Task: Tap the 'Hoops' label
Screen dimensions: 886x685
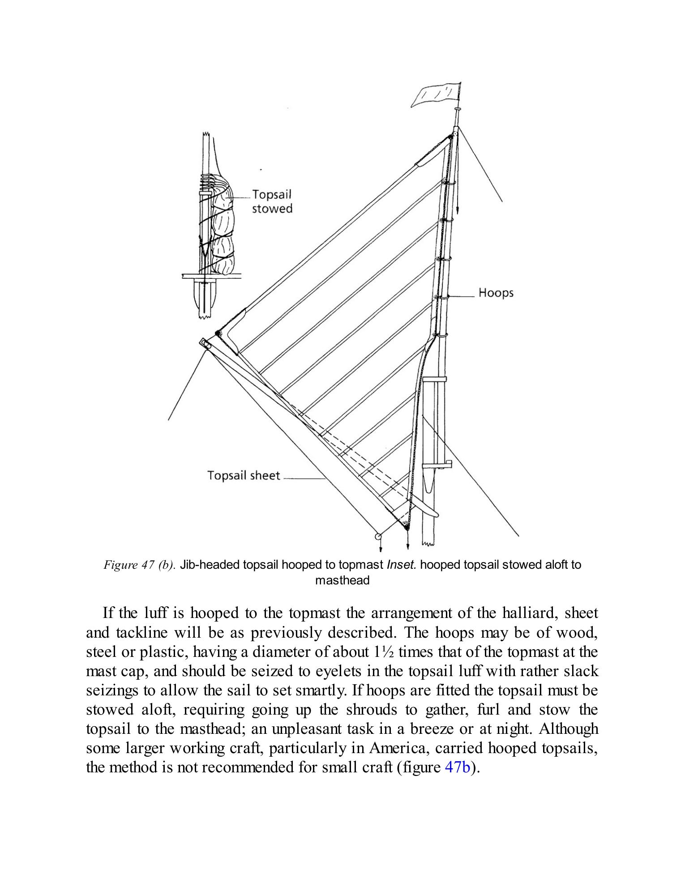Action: [496, 293]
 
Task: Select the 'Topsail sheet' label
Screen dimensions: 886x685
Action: [244, 475]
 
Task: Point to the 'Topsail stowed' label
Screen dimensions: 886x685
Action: [272, 201]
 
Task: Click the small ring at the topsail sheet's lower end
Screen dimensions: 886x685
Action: [378, 536]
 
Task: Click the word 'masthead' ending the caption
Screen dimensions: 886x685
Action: [342, 581]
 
